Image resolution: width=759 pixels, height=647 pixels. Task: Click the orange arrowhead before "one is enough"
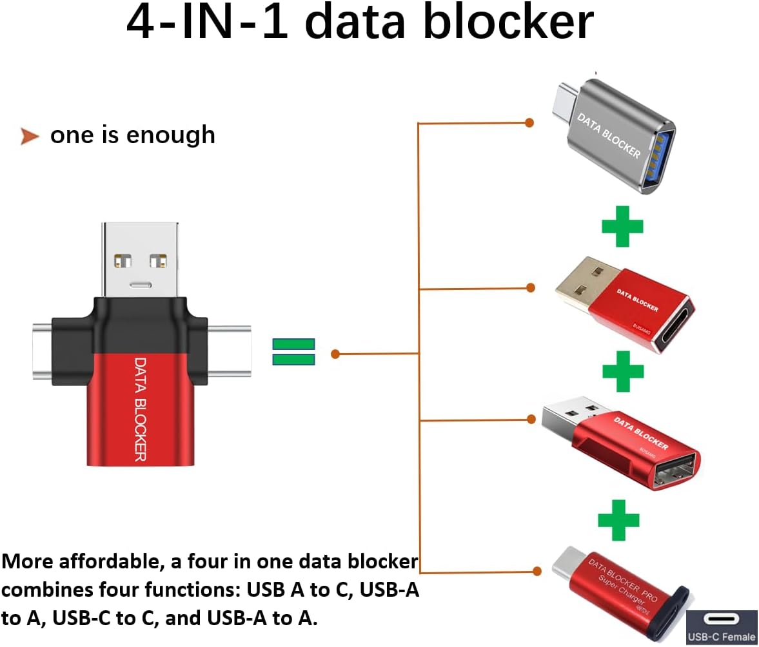(x=30, y=136)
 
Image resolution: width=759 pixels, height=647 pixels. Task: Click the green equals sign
(x=294, y=352)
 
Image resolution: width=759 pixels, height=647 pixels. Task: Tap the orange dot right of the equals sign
(x=335, y=354)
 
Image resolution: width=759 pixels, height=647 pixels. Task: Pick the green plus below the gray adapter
(x=622, y=226)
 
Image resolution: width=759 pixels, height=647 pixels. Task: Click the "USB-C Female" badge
(x=721, y=627)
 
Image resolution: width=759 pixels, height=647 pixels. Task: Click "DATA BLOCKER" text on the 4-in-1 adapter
(x=141, y=409)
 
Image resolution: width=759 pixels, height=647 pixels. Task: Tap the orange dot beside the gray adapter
(x=529, y=122)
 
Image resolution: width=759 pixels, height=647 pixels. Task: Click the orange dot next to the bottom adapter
(x=536, y=570)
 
